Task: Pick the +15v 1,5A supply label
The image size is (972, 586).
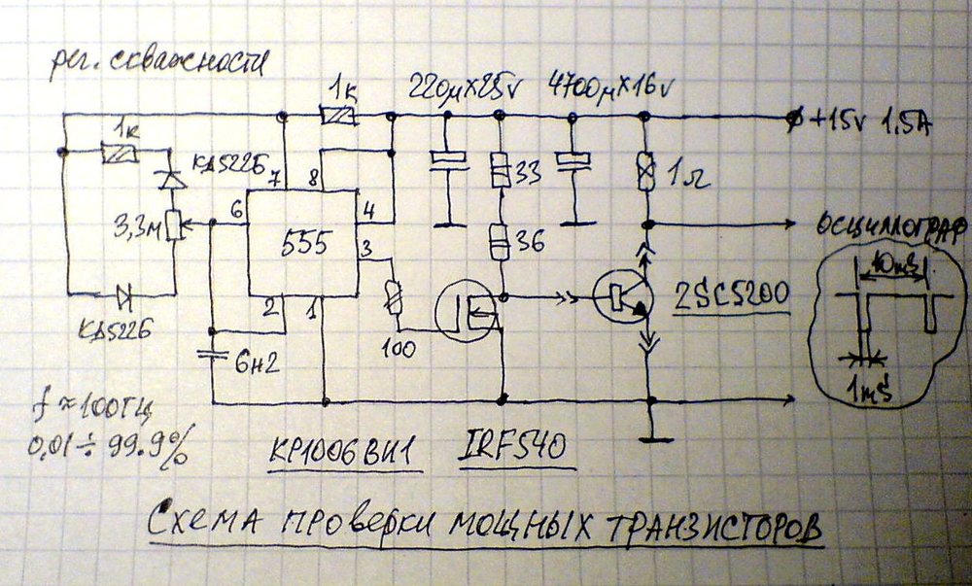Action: pyautogui.click(x=870, y=121)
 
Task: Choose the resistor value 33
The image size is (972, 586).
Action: pyautogui.click(x=528, y=173)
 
